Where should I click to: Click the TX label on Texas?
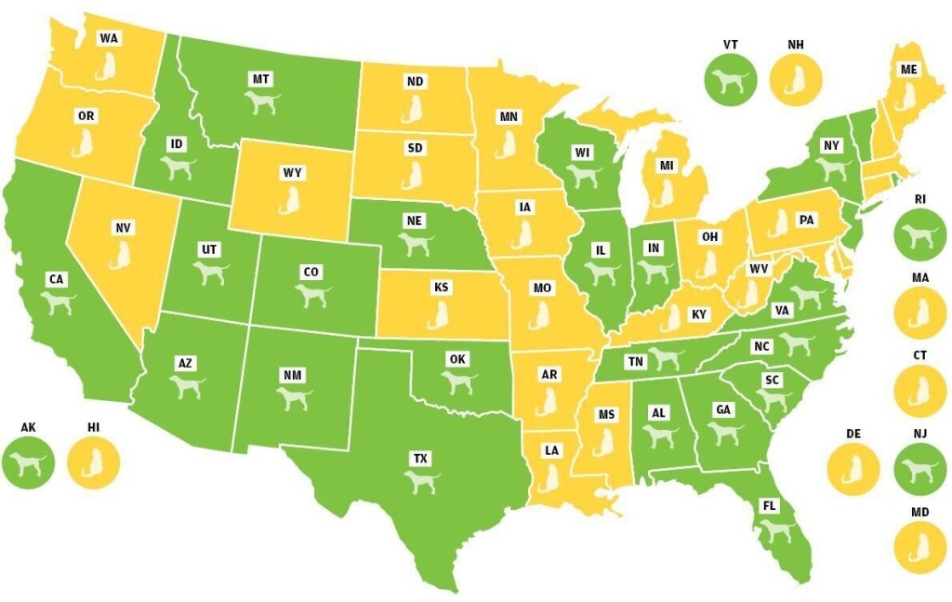pyautogui.click(x=421, y=459)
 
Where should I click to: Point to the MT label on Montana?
pyautogui.click(x=260, y=79)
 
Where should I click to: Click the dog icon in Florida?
pyautogui.click(x=771, y=530)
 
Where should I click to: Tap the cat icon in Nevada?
pyautogui.click(x=121, y=254)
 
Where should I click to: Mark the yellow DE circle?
pyautogui.click(x=852, y=466)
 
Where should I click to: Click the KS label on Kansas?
pyautogui.click(x=441, y=288)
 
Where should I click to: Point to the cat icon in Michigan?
pyautogui.click(x=665, y=193)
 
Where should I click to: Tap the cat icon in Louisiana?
pyautogui.click(x=551, y=476)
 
